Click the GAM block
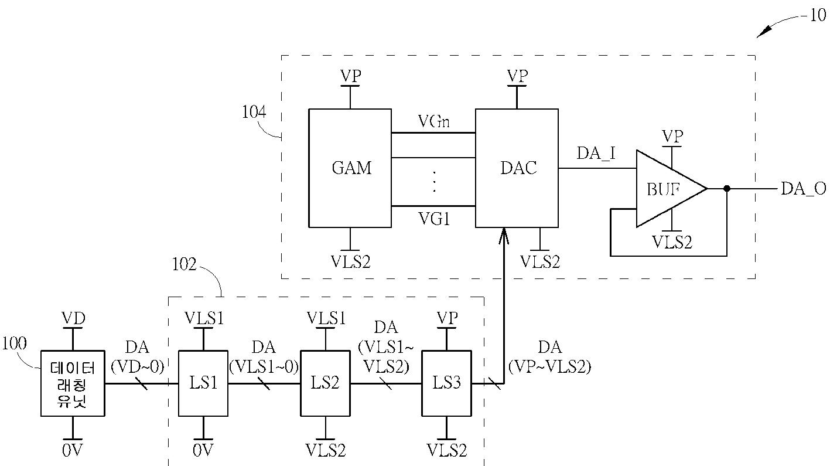point(350,168)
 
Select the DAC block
point(517,168)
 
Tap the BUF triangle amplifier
point(671,188)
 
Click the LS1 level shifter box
point(203,383)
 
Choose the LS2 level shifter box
point(325,383)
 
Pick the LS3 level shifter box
point(446,383)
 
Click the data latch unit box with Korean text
point(73,383)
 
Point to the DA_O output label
point(803,189)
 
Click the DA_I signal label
point(596,154)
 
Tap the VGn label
point(434,121)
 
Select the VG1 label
point(434,219)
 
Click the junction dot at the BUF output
point(727,189)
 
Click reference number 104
point(254,112)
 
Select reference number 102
point(184,265)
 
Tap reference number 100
point(14,343)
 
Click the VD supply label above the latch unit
point(73,318)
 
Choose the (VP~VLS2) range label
point(549,367)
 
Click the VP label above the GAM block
point(350,76)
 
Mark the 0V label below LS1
point(203,450)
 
